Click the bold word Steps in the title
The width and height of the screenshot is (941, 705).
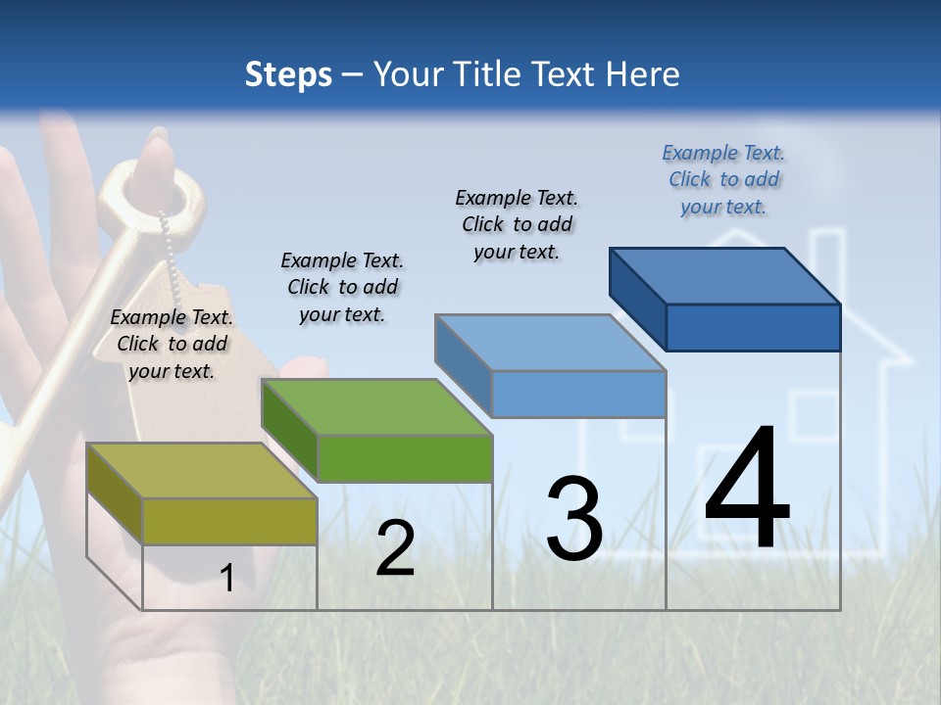tap(288, 74)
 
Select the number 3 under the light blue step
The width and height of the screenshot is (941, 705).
tap(574, 518)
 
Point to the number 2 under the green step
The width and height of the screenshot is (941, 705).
tap(395, 548)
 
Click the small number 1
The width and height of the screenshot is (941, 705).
tap(226, 578)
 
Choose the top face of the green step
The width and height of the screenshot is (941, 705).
tap(376, 406)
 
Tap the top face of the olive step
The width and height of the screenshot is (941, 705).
tap(202, 471)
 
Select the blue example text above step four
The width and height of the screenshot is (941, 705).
tap(723, 179)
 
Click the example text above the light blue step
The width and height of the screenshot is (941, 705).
tap(517, 224)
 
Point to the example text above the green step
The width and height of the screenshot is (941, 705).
tap(342, 287)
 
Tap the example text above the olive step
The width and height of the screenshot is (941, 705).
tap(172, 344)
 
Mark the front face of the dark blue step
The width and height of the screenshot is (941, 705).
tap(753, 327)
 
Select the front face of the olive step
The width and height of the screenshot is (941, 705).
tap(229, 521)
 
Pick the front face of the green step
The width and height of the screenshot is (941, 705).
tap(404, 458)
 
